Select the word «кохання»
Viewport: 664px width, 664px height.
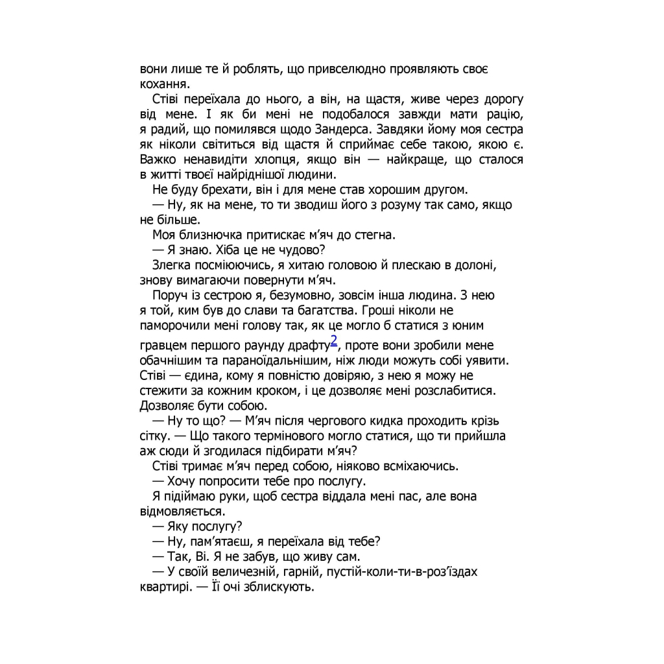163,84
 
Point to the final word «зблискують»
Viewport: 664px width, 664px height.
280,587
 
